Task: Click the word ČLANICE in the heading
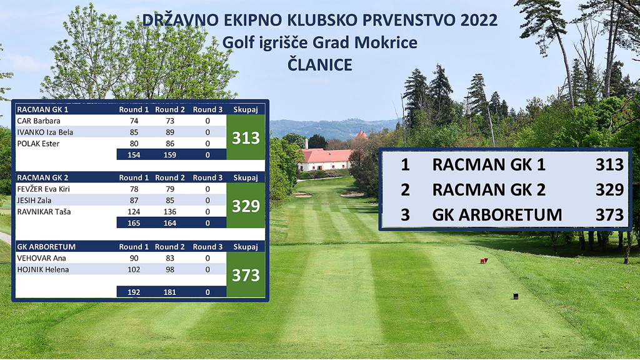click(319, 65)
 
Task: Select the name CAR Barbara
click(39, 121)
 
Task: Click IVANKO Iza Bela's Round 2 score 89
click(170, 132)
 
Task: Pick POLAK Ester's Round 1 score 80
click(134, 144)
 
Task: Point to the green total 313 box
click(246, 137)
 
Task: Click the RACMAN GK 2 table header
click(42, 177)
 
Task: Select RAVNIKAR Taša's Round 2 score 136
click(170, 212)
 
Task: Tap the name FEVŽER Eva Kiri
click(44, 189)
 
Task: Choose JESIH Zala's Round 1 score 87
click(134, 201)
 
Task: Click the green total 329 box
click(246, 205)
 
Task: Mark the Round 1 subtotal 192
click(134, 292)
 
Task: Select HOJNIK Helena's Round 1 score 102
click(134, 269)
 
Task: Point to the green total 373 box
click(246, 274)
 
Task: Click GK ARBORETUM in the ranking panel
click(497, 215)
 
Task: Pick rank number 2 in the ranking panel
click(405, 190)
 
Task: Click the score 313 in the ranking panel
click(610, 164)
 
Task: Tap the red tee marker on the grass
click(484, 261)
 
